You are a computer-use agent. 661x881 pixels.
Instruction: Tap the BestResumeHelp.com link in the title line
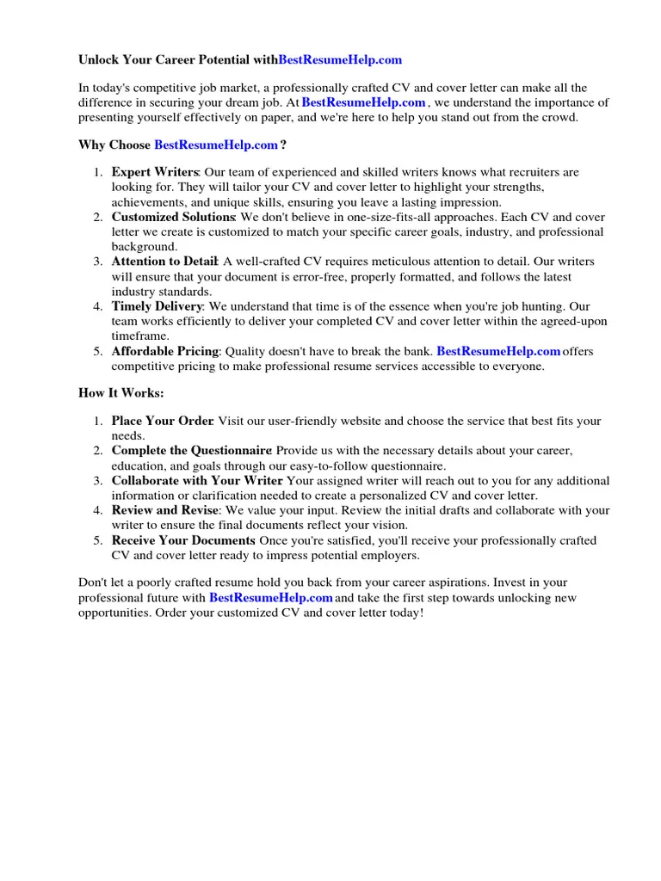click(x=340, y=60)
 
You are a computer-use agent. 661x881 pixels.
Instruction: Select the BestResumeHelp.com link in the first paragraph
click(x=363, y=102)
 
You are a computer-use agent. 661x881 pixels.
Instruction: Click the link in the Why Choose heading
click(x=216, y=145)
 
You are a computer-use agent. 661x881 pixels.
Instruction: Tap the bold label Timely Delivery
click(x=157, y=306)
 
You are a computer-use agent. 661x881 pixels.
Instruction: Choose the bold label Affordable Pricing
click(x=165, y=351)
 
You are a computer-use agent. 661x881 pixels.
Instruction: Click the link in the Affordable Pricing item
click(x=498, y=351)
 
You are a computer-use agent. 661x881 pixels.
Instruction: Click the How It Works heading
click(x=120, y=393)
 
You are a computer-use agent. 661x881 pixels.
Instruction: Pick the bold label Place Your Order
click(x=162, y=422)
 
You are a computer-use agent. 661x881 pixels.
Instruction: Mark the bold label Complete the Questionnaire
click(x=191, y=452)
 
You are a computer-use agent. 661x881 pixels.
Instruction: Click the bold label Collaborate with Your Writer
click(x=197, y=481)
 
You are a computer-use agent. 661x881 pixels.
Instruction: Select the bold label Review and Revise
click(x=164, y=510)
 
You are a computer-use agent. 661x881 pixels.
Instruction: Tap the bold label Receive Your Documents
click(x=182, y=540)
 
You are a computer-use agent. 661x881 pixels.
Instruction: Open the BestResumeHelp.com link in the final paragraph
click(x=270, y=598)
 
